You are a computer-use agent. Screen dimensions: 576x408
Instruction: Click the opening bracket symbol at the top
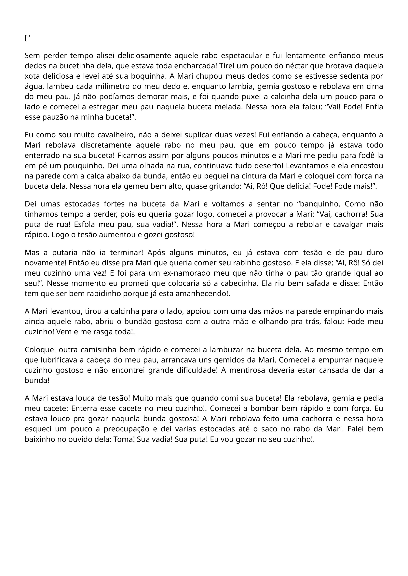(x=26, y=38)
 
